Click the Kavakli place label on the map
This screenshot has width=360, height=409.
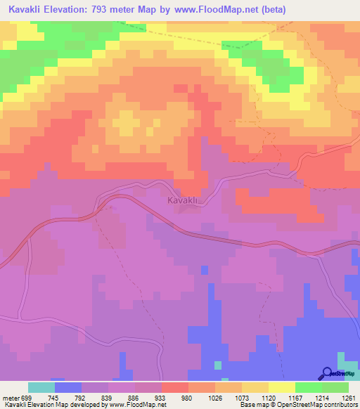[x=185, y=201]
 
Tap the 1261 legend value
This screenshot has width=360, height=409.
[x=347, y=396]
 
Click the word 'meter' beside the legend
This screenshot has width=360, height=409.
[x=11, y=396]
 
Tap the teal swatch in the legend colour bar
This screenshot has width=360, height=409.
[x=41, y=387]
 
